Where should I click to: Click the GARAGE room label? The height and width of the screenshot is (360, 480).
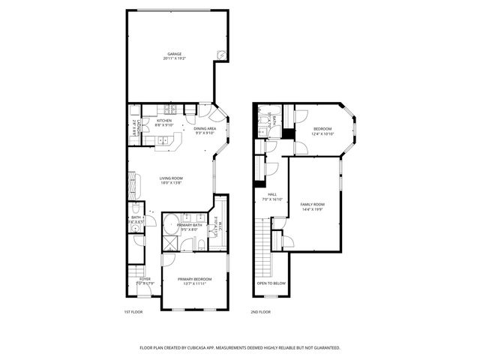(175, 54)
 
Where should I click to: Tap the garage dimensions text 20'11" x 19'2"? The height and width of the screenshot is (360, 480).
(175, 58)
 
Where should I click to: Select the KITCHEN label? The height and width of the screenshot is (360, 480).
(164, 121)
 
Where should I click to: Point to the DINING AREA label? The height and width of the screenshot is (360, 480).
(205, 129)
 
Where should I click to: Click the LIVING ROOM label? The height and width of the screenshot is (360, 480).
(171, 178)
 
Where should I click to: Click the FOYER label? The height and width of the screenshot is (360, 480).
(144, 279)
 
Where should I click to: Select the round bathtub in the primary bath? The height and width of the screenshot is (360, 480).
(172, 223)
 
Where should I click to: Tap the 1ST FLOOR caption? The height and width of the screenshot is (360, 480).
(133, 311)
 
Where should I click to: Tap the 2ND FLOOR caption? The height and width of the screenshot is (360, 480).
(261, 311)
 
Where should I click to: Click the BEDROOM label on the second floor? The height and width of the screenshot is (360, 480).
(322, 130)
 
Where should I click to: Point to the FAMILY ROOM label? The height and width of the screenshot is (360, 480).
(312, 204)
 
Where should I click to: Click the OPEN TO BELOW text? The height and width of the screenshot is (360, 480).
(271, 283)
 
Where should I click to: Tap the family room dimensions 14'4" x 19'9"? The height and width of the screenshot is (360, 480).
(312, 209)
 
